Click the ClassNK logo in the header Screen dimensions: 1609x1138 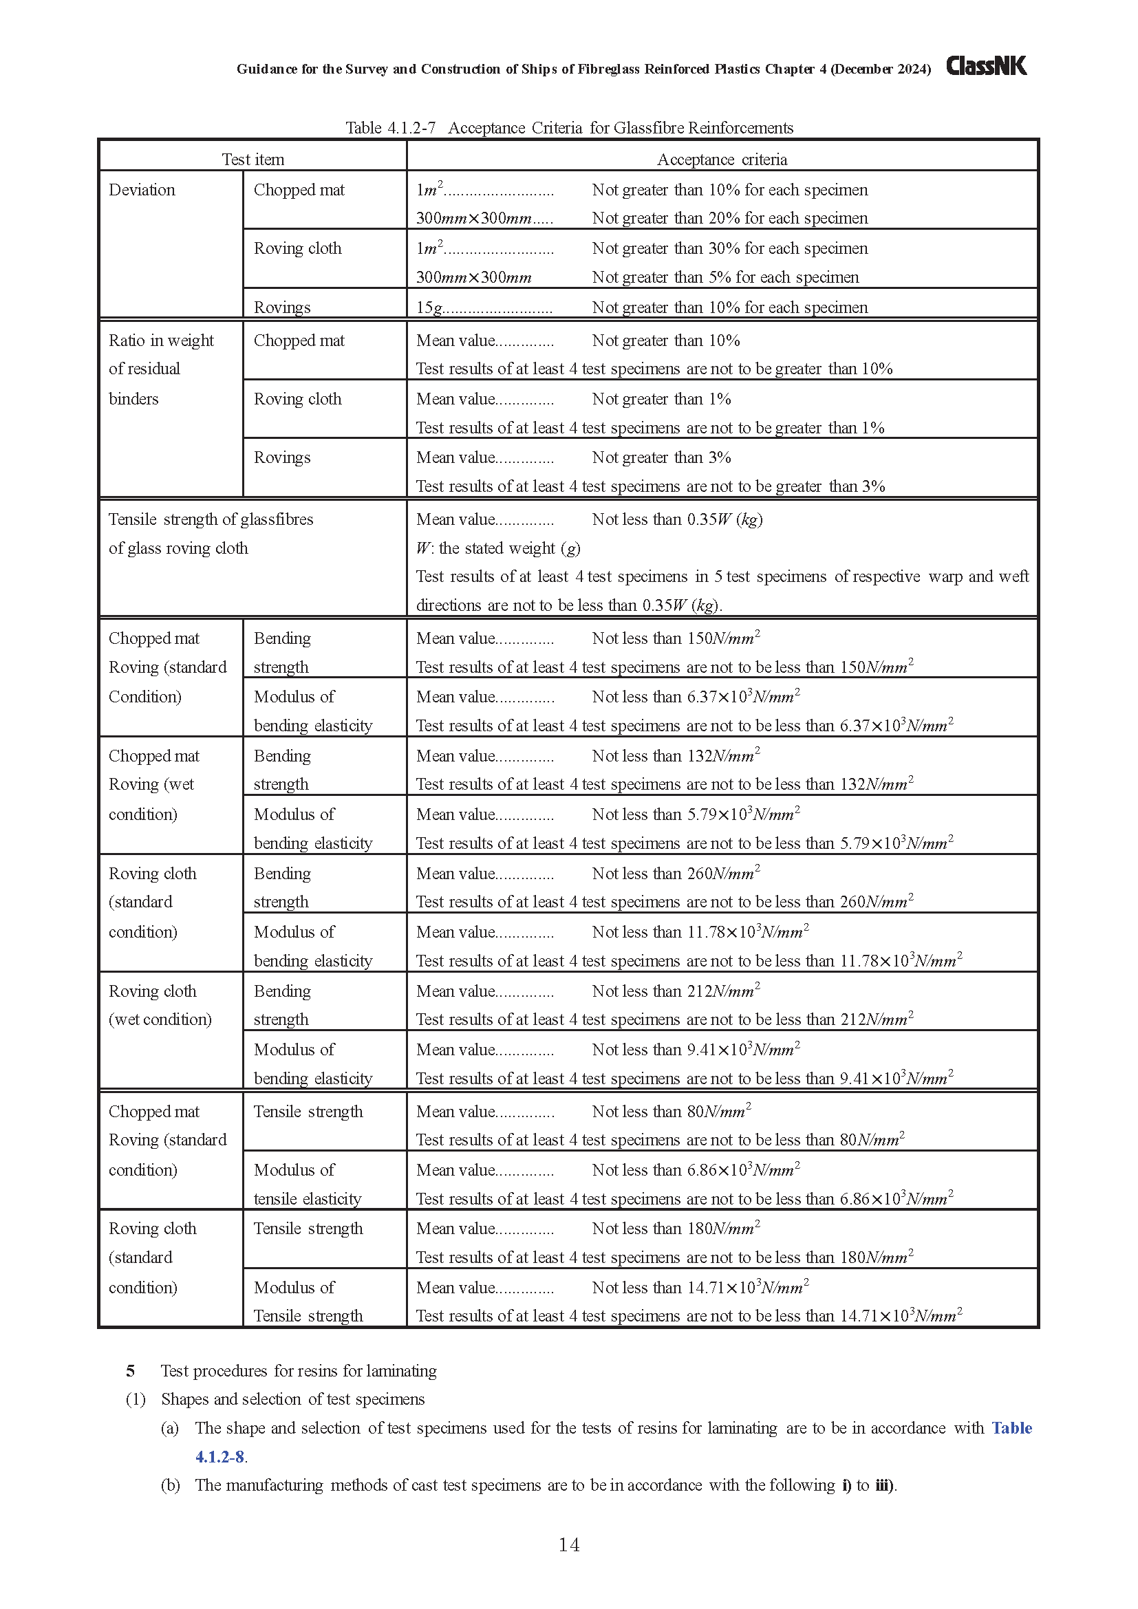click(986, 66)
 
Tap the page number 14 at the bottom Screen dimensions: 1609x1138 click(568, 1544)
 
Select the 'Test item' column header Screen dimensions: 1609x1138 click(253, 160)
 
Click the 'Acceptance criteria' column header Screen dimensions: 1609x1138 click(722, 160)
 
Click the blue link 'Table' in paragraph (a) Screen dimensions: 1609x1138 click(1011, 1427)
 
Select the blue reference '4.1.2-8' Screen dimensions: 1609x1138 click(219, 1456)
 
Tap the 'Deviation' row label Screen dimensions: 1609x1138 click(142, 190)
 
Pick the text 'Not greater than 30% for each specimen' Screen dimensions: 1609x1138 click(729, 248)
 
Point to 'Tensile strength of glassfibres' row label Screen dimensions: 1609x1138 click(211, 519)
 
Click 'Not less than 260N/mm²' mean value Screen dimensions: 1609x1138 click(676, 873)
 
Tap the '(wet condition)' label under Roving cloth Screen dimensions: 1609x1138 click(160, 1019)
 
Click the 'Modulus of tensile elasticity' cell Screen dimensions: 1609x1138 click(308, 1185)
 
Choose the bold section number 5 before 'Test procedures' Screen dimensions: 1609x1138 click(130, 1371)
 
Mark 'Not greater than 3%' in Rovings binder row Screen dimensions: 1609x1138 click(661, 457)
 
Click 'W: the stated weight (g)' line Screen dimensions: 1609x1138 click(498, 548)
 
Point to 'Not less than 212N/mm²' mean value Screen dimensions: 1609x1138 click(676, 991)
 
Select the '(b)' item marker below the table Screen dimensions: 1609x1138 click(169, 1485)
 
